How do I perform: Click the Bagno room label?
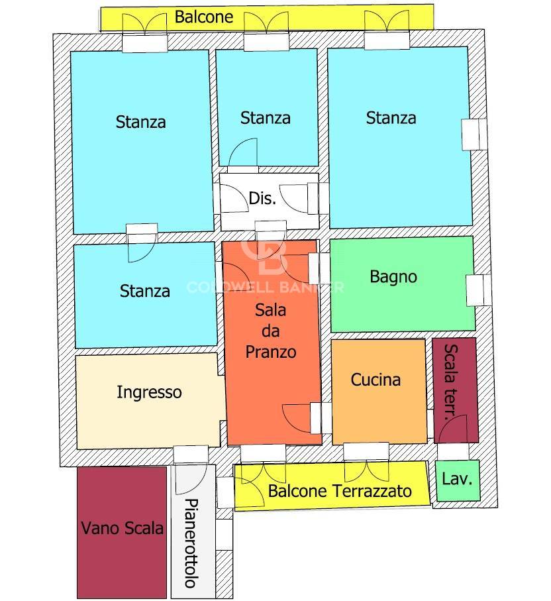pos(393,277)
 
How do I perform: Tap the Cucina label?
pos(376,380)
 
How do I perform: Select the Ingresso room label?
pos(149,392)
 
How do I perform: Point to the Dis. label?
pos(262,198)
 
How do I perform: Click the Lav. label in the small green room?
pos(457,478)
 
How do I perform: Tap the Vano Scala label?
pos(122,528)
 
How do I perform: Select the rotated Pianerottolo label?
pos(193,543)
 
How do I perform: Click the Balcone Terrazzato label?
pos(340,491)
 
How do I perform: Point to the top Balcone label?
pos(203,17)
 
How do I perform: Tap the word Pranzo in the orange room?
pos(271,352)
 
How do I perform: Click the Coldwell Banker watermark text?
pos(265,287)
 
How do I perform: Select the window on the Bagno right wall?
pos(474,290)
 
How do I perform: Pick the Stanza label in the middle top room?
pos(265,118)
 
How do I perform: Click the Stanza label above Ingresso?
pos(145,291)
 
